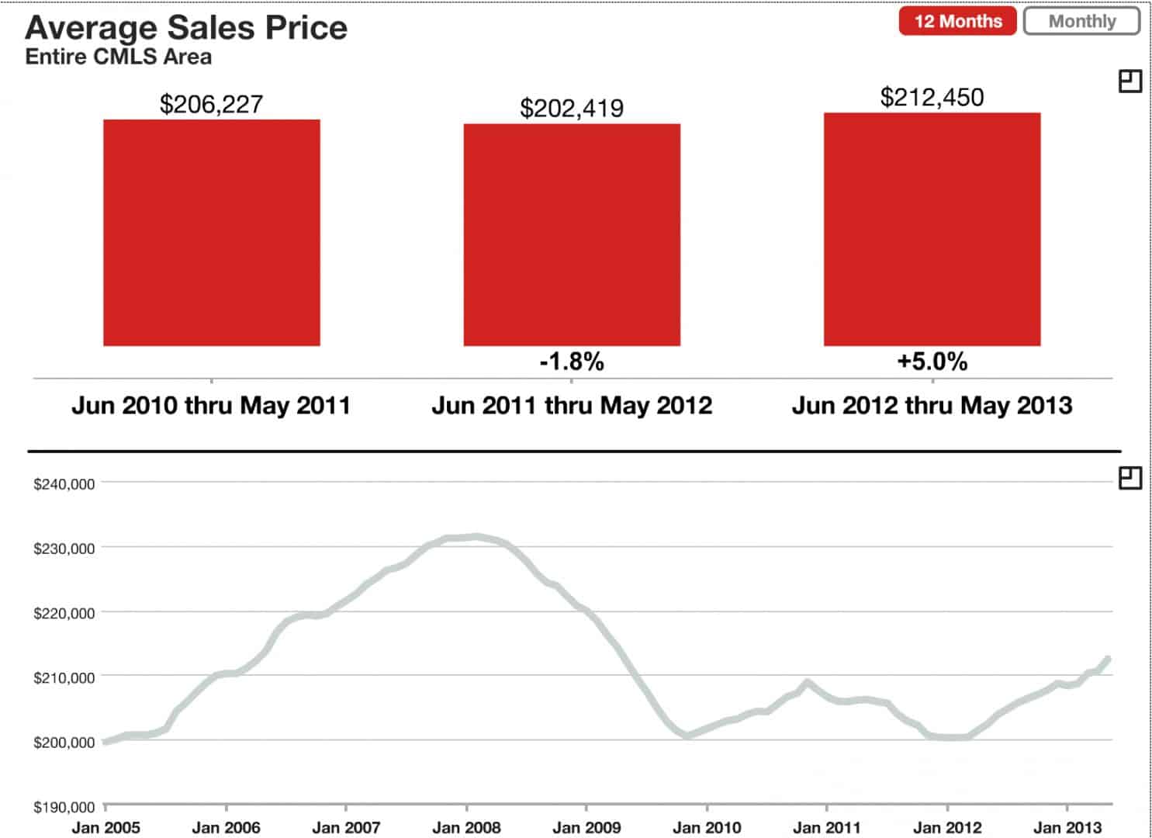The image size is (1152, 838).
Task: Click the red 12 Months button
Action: (957, 22)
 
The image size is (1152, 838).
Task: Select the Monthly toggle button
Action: (1081, 22)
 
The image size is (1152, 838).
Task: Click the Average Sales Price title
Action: (186, 28)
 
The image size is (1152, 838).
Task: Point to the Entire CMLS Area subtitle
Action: (118, 57)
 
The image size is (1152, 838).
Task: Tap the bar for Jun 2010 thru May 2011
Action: (212, 233)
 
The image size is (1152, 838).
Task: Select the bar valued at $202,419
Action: (572, 234)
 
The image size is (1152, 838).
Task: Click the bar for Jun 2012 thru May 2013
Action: (932, 230)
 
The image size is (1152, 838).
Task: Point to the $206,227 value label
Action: (211, 105)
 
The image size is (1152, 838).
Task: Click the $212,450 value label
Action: (932, 98)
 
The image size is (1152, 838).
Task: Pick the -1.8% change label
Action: (572, 362)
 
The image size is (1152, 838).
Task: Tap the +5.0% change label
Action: (932, 362)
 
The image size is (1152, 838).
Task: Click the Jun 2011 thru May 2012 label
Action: (572, 405)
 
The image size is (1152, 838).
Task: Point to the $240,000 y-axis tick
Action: (64, 484)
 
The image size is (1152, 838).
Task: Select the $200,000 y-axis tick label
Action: (64, 743)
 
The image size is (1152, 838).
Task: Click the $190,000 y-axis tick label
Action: (64, 808)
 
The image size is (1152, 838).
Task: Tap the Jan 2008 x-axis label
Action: (466, 828)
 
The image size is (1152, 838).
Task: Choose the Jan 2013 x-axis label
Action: (1067, 828)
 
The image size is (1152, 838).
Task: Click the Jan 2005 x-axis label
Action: (106, 828)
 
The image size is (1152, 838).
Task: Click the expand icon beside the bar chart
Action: (1130, 81)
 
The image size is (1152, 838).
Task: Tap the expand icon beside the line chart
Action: (1130, 478)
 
